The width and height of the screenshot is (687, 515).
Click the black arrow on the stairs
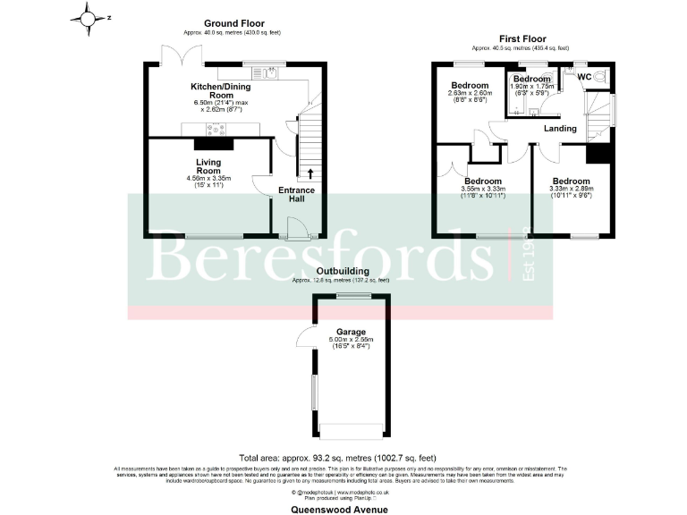pyautogui.click(x=310, y=173)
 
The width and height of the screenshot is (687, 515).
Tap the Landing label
pyautogui.click(x=561, y=129)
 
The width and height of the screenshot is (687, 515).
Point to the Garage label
pyautogui.click(x=349, y=332)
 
